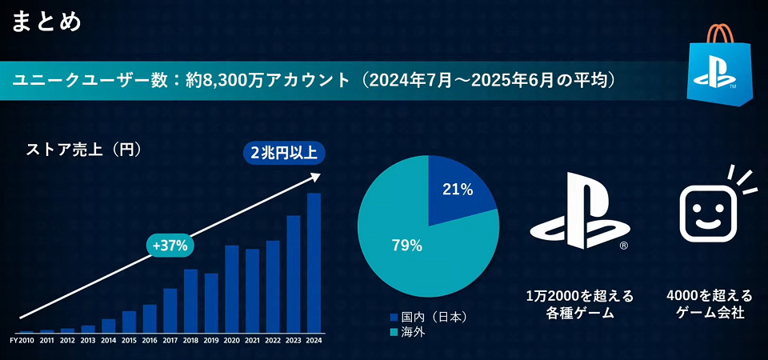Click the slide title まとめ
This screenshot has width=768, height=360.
[x=46, y=22]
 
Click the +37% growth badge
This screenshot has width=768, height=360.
[x=170, y=246]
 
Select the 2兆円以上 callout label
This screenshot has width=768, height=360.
[x=283, y=154]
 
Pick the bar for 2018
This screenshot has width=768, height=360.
[x=190, y=301]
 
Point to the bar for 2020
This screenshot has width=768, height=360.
[x=232, y=289]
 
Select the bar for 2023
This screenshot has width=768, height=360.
[x=294, y=274]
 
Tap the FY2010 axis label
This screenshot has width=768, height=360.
[x=22, y=341]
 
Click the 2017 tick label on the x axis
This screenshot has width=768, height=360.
[x=170, y=341]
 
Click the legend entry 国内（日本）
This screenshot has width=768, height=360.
[x=428, y=317]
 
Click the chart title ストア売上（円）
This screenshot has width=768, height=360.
[x=84, y=149]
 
